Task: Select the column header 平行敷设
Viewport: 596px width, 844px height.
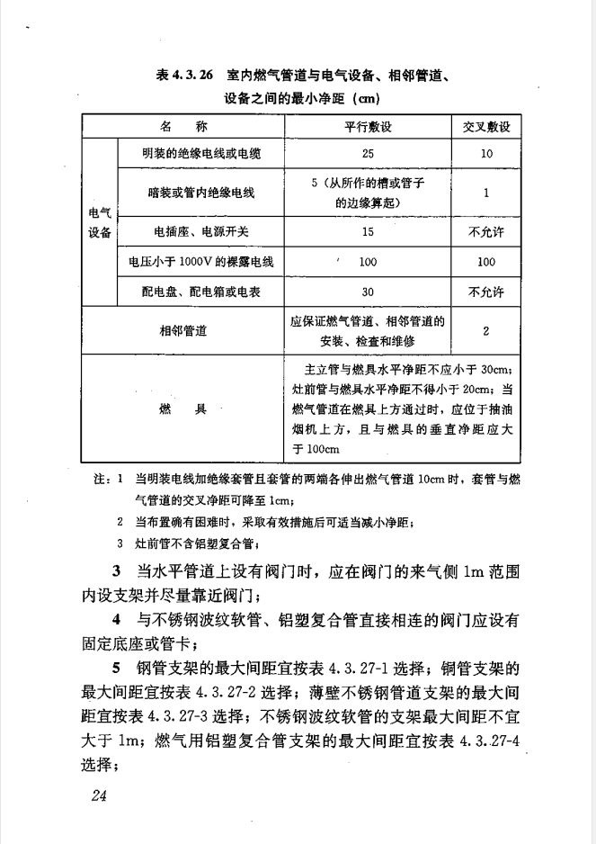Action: (368, 126)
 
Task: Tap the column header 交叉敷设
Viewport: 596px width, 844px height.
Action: (486, 126)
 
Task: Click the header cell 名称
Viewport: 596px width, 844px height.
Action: (177, 126)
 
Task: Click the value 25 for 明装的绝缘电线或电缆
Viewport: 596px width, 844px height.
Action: (368, 154)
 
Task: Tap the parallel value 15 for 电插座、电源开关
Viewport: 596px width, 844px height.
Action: (368, 231)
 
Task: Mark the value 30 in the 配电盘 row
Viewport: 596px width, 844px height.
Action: (368, 292)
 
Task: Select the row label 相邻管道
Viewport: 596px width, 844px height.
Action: (177, 330)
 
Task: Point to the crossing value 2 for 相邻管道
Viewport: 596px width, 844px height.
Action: (486, 330)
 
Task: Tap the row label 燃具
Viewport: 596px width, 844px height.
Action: (177, 408)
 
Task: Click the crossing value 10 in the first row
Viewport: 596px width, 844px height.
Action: (486, 154)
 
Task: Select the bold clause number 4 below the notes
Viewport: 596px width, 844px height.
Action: (117, 620)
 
